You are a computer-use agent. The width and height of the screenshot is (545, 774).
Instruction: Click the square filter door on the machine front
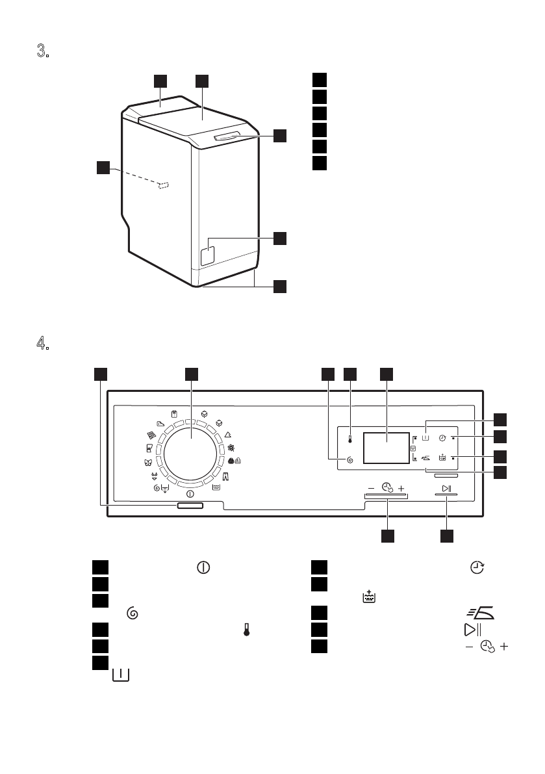pyautogui.click(x=208, y=252)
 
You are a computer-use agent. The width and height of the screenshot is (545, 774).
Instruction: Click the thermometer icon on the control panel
pyautogui.click(x=349, y=439)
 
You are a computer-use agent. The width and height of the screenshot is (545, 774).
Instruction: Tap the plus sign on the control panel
pyautogui.click(x=401, y=487)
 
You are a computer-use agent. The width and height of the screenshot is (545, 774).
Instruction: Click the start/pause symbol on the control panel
pyautogui.click(x=446, y=487)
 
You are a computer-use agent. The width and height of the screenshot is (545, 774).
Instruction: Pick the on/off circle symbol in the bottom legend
pyautogui.click(x=203, y=567)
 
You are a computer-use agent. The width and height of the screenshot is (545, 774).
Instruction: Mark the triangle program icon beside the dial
pyautogui.click(x=229, y=434)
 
